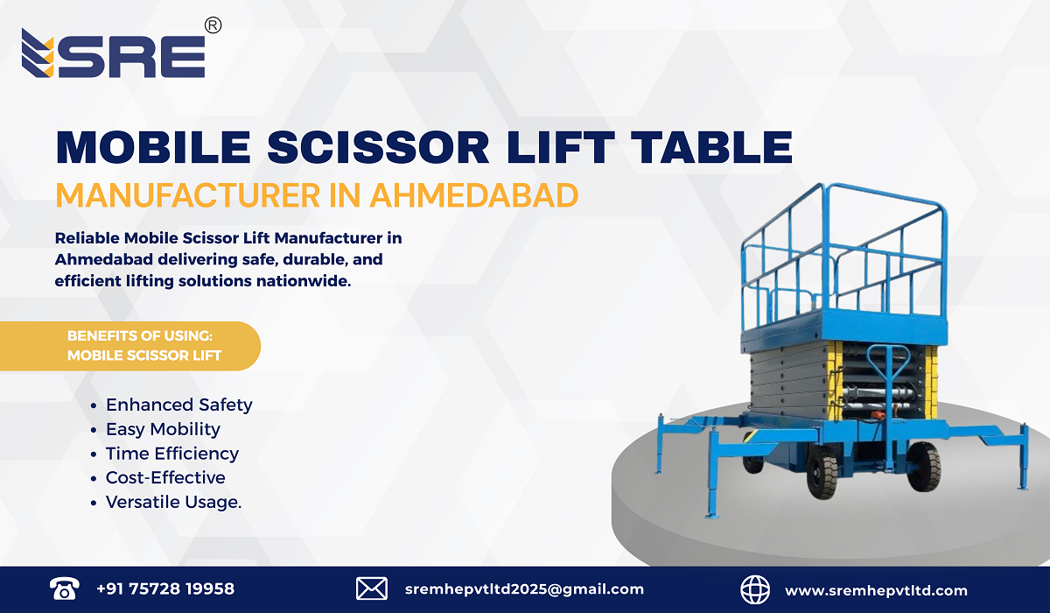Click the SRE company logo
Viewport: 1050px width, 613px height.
[x=113, y=54]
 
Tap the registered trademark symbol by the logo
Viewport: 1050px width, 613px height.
[x=213, y=26]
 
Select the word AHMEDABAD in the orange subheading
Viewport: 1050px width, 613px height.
[x=473, y=194]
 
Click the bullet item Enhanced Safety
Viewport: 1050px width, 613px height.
[x=178, y=405]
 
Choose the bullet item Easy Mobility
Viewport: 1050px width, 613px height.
[x=163, y=429]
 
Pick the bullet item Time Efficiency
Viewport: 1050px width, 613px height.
[x=171, y=454]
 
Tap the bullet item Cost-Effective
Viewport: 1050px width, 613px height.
[x=165, y=478]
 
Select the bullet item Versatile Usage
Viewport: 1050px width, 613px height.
[x=173, y=503]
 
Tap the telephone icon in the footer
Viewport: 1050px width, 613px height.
[x=65, y=589]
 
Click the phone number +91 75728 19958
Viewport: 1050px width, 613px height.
[x=165, y=589]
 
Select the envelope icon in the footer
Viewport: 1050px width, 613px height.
[x=372, y=589]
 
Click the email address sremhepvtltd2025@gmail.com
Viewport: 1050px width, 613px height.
[x=525, y=589]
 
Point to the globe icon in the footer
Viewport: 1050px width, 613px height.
[x=755, y=589]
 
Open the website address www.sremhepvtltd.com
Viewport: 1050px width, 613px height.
[x=876, y=590]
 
